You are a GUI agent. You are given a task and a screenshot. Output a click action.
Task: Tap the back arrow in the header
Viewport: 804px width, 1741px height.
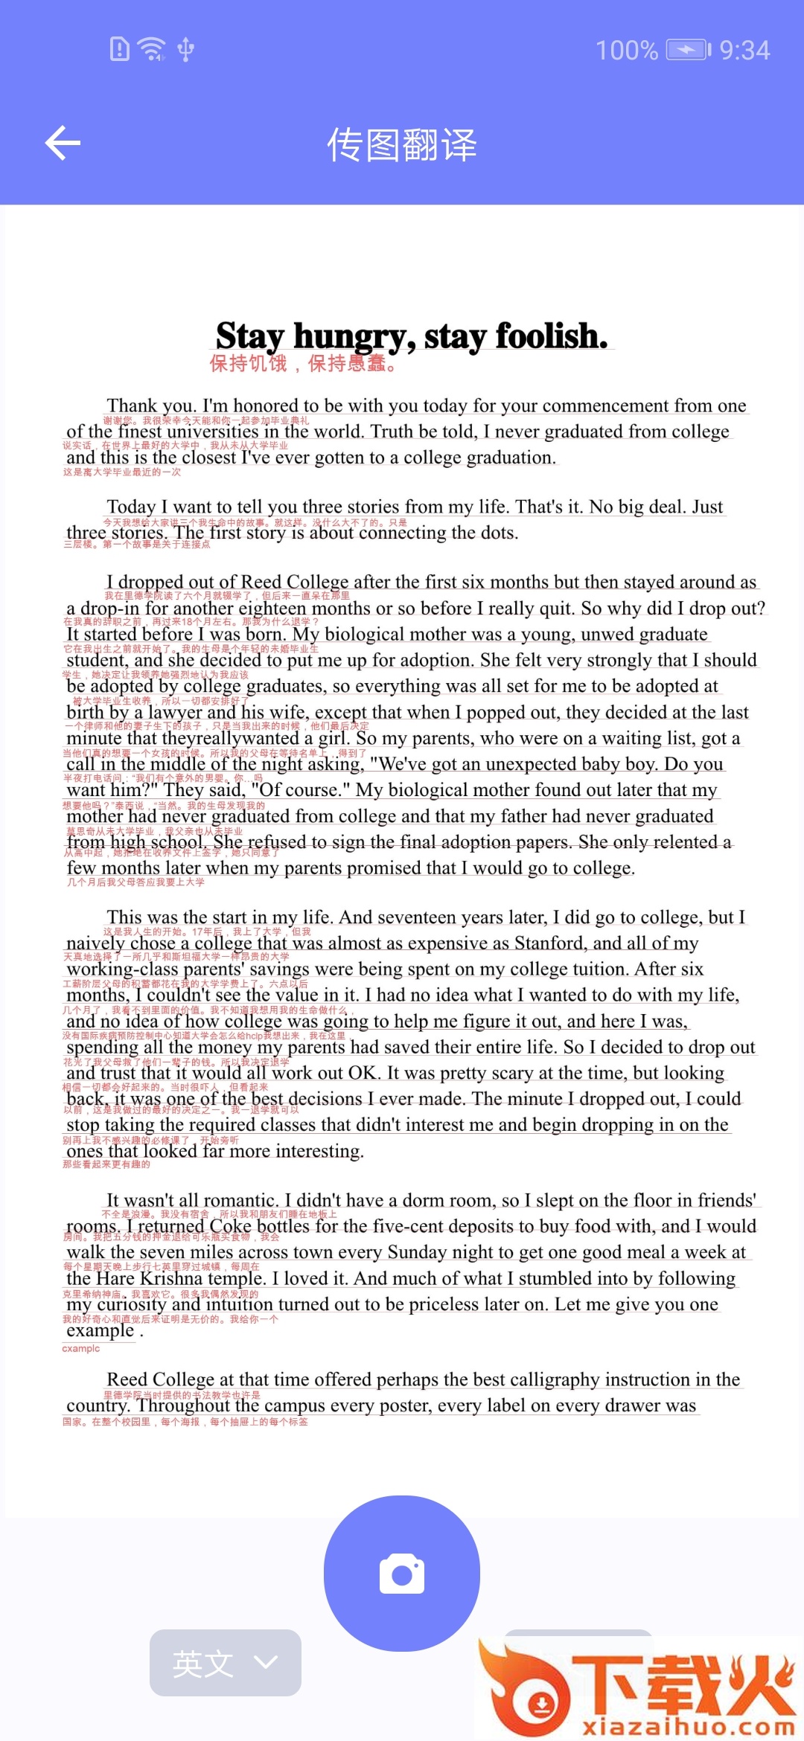click(63, 143)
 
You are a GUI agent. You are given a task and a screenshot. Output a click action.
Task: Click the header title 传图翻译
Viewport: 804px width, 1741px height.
click(402, 144)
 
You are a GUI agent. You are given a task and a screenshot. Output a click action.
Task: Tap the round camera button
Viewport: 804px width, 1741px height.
click(402, 1574)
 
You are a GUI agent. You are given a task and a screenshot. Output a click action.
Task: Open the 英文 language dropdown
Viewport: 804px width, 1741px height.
click(225, 1663)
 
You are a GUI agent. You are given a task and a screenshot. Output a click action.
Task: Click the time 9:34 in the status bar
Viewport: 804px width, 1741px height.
click(744, 51)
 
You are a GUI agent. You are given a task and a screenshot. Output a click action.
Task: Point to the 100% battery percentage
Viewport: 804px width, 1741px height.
click(627, 51)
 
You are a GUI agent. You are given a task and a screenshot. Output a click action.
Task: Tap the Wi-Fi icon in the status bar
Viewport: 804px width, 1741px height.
click(153, 49)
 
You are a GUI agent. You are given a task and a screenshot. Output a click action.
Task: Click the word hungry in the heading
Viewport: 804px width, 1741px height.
click(354, 336)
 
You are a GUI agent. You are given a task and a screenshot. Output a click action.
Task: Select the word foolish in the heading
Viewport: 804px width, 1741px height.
click(551, 336)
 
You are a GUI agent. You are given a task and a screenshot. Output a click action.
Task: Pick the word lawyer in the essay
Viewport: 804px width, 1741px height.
click(174, 712)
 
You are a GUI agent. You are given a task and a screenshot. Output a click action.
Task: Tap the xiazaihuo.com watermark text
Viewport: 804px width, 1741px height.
click(689, 1726)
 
